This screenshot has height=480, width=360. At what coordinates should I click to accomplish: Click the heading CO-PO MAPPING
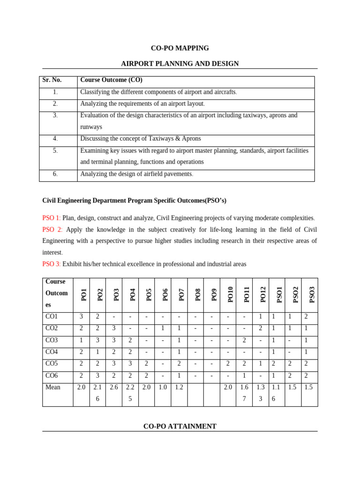coord(180,48)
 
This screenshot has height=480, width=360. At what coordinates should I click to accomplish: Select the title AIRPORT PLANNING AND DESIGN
coord(180,64)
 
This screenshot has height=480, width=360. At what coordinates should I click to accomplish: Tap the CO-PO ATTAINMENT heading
coord(180,426)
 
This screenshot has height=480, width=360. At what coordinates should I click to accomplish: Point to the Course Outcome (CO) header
coord(111,80)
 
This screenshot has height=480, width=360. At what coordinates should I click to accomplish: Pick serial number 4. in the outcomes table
coord(55,139)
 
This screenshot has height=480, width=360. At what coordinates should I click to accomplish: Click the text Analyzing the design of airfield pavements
coord(136,174)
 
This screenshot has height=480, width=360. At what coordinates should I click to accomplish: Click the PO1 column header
coord(83,295)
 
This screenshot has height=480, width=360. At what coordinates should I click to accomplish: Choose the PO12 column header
coord(262,295)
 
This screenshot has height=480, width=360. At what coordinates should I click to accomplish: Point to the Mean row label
coord(53,387)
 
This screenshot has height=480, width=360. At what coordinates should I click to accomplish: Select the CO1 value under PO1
coord(82,317)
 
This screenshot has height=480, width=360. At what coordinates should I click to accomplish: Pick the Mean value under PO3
coord(114,387)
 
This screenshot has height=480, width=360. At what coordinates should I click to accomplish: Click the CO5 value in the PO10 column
coord(228,364)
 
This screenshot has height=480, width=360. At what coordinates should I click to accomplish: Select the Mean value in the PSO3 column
coord(308,387)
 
